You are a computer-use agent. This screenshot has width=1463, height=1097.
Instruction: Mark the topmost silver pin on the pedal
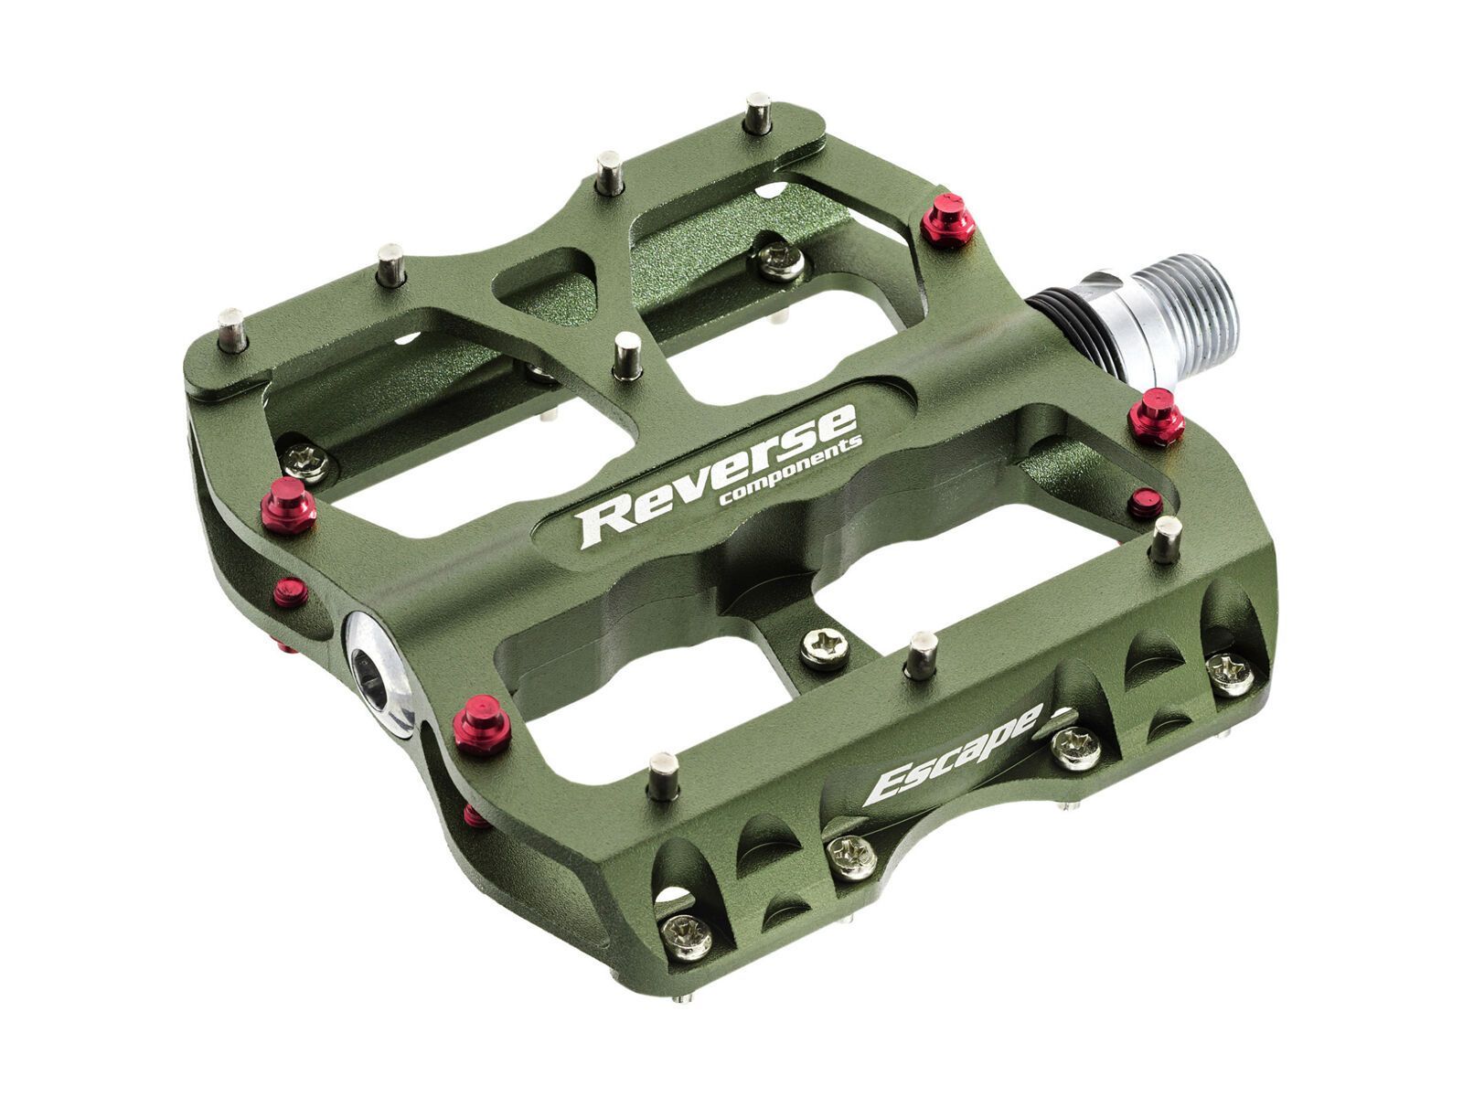tap(758, 112)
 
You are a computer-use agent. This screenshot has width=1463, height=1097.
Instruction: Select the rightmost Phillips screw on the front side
tap(1229, 673)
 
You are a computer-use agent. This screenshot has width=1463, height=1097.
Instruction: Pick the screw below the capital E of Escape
tap(851, 857)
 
